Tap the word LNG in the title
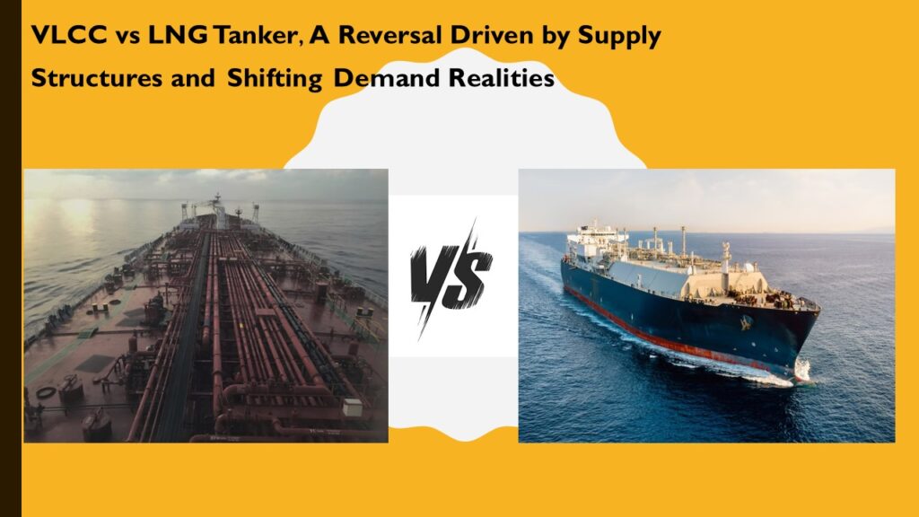click(178, 35)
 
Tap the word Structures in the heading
click(97, 78)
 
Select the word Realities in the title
click(502, 78)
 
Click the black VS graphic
click(451, 277)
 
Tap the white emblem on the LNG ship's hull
click(746, 322)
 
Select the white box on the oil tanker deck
click(352, 407)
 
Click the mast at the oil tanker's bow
click(218, 211)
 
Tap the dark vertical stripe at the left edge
click(11, 258)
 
